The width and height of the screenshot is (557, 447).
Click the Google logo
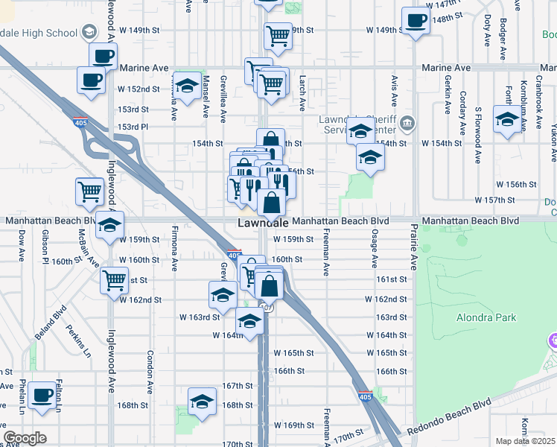point(25,438)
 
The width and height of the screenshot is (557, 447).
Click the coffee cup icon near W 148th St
point(416,20)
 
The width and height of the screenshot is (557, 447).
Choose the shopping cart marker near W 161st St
point(114,280)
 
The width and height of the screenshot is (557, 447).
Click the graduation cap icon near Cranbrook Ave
point(507,120)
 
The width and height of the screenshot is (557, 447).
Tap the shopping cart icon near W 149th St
point(277,34)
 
